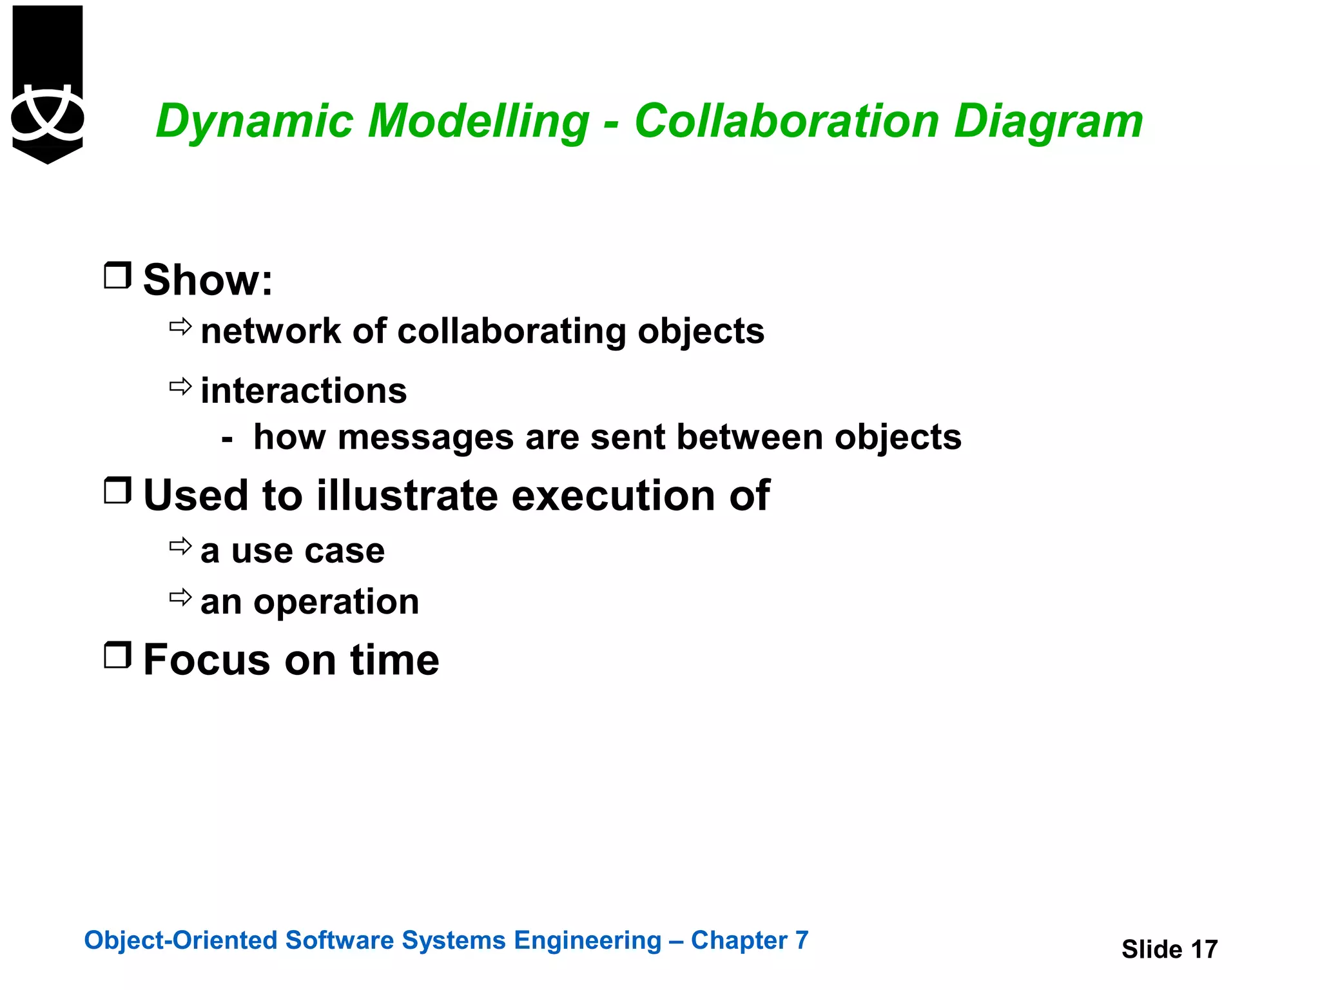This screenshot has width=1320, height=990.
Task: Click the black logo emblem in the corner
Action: point(48,84)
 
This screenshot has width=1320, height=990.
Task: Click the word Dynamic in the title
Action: point(254,121)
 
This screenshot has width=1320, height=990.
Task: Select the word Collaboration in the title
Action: point(786,121)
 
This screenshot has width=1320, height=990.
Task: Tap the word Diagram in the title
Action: point(1048,121)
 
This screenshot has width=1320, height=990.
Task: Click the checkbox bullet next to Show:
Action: point(117,275)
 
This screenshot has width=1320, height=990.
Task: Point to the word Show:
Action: point(208,280)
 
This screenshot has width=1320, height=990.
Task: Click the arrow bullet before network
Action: point(180,327)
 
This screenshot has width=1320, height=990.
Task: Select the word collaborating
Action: point(512,332)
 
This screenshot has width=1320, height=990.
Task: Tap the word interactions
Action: point(304,391)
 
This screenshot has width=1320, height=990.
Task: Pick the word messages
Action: point(425,438)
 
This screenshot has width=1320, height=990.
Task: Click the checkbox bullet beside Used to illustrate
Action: point(117,490)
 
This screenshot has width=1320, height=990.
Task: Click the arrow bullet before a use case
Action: point(180,547)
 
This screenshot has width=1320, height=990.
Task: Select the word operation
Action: point(336,603)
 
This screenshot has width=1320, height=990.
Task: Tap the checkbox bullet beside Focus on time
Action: point(117,655)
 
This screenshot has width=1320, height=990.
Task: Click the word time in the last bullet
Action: point(394,660)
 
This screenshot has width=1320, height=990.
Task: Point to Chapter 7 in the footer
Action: point(750,940)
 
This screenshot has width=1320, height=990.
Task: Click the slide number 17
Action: point(1203,949)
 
